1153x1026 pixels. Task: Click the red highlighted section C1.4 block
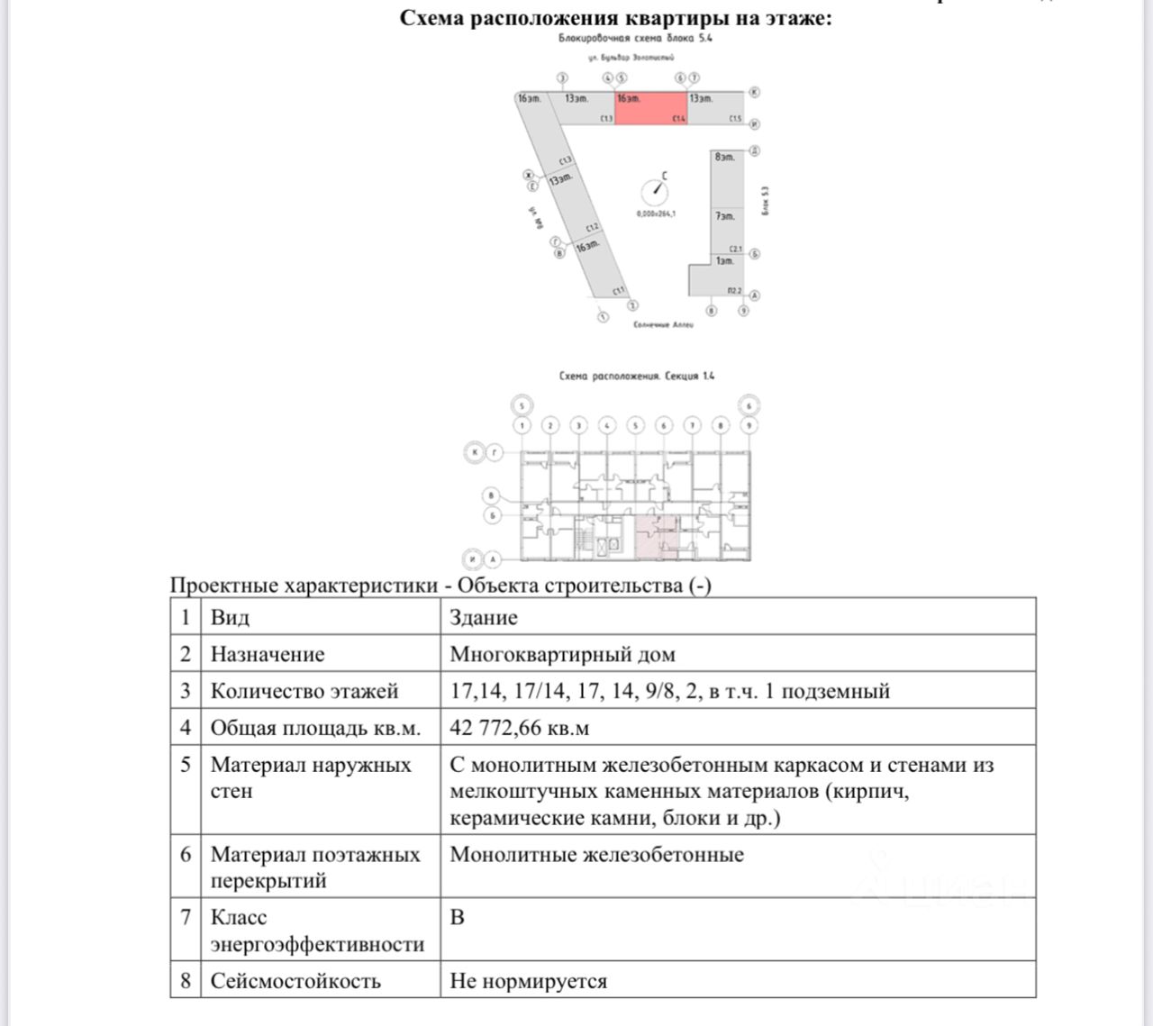[x=651, y=108]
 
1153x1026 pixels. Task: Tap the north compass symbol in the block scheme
[x=654, y=191]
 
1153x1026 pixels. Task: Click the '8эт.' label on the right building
[x=724, y=157]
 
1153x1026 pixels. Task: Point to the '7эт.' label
[x=724, y=216]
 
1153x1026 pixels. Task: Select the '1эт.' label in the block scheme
[x=724, y=261]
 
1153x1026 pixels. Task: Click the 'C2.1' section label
[x=735, y=250]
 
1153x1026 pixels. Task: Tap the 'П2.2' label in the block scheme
[x=734, y=291]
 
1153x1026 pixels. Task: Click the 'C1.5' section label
[x=735, y=119]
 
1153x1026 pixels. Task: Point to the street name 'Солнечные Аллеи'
[x=664, y=324]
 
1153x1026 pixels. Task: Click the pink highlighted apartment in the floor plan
[x=648, y=537]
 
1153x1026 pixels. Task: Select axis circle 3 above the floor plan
[x=578, y=425]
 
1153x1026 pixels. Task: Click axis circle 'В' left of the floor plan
[x=492, y=495]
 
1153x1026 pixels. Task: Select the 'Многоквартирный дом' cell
[x=562, y=655]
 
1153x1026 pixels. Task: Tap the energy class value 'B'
[x=458, y=918]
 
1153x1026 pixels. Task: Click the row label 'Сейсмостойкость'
[x=295, y=981]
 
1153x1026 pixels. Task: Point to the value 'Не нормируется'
[x=528, y=981]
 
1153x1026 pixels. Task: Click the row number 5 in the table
[x=186, y=765]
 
